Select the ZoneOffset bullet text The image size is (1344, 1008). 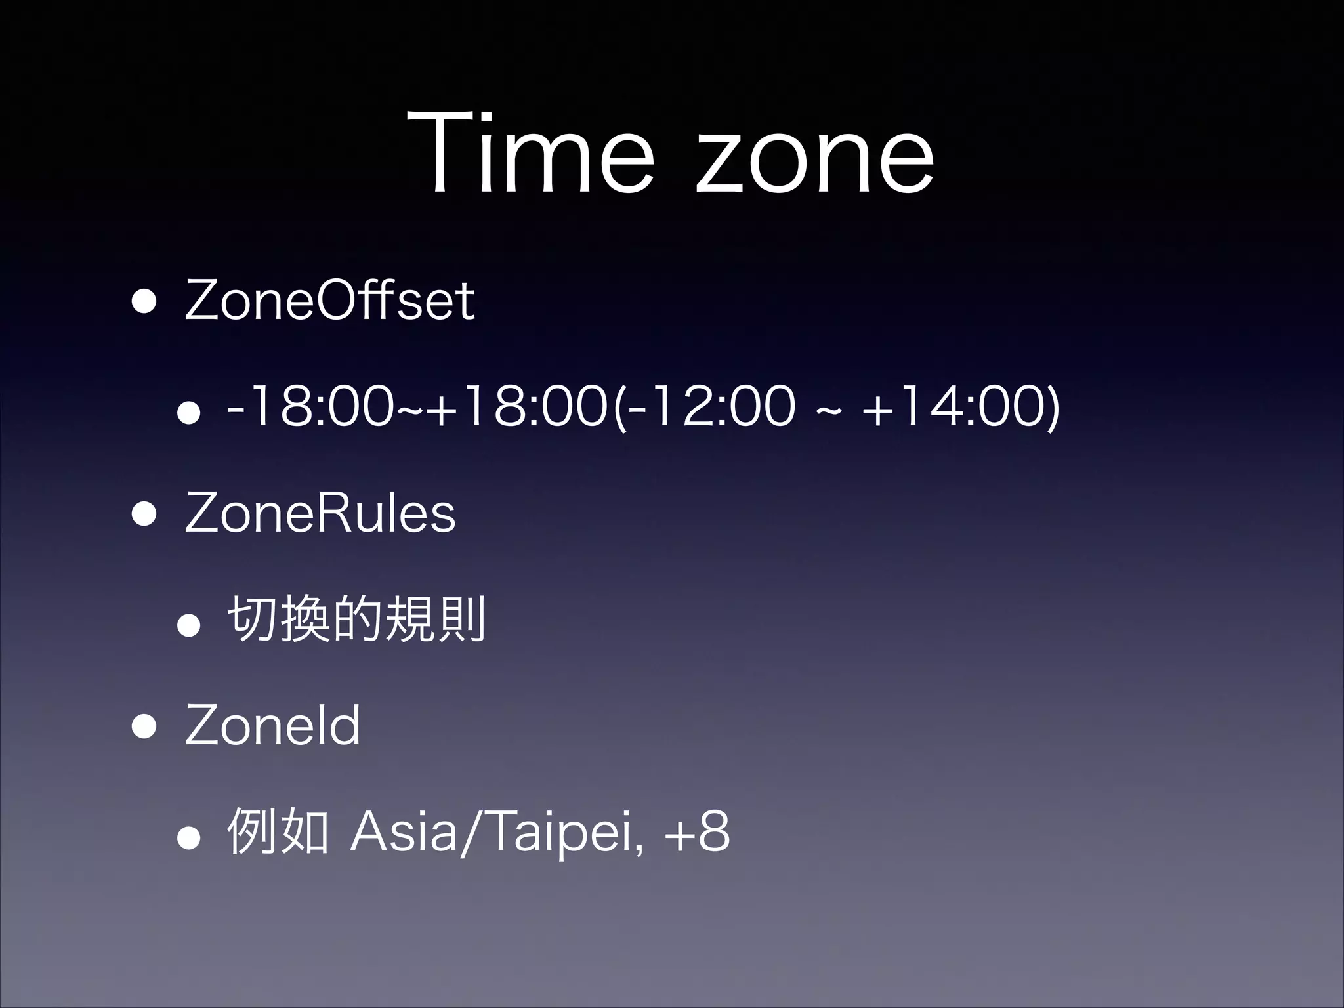coord(329,301)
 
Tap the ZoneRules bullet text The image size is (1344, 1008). coord(320,513)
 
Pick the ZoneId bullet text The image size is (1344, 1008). coord(272,725)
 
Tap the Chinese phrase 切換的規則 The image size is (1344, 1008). coord(356,619)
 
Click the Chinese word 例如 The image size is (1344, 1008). coord(277,832)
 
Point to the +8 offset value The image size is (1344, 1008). coord(698,832)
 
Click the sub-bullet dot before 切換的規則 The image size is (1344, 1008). coord(189,624)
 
